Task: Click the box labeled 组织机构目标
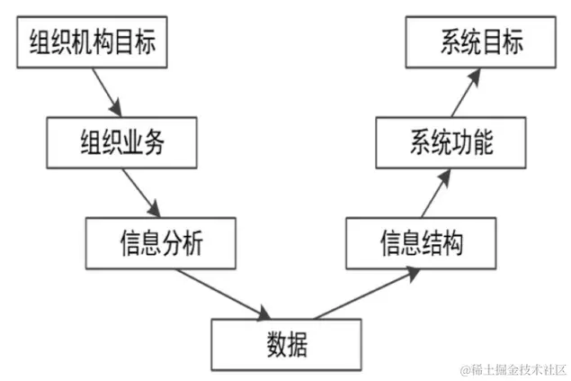click(x=93, y=43)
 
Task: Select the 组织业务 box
click(x=121, y=143)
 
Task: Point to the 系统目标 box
click(x=479, y=43)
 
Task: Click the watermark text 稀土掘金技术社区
click(x=513, y=369)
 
